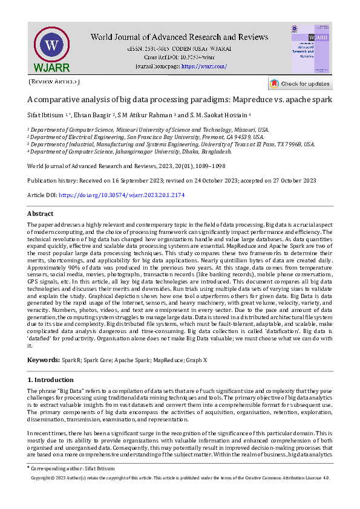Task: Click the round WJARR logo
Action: [52, 48]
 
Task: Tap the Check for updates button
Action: [300, 83]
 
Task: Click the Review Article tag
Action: [54, 82]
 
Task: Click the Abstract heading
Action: [41, 213]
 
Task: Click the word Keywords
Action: [43, 360]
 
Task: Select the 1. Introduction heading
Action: [51, 380]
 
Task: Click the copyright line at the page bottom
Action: [180, 478]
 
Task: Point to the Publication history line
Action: [171, 180]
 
